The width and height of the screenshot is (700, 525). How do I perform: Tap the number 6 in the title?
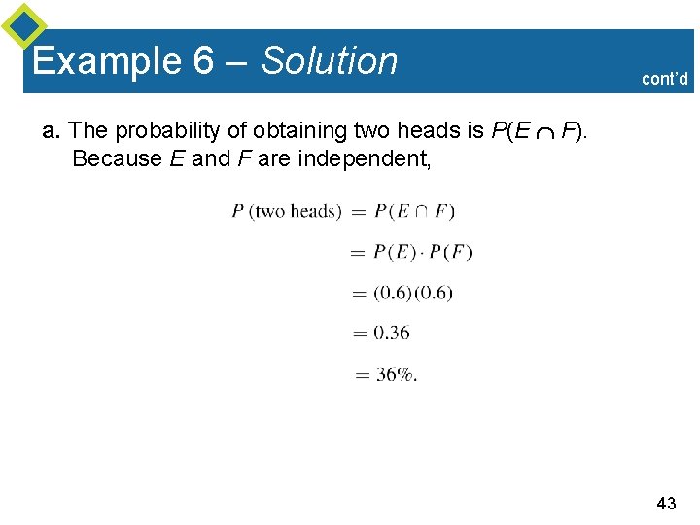pos(203,61)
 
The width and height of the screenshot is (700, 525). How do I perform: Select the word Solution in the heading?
pos(331,61)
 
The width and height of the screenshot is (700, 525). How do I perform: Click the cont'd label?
pos(665,79)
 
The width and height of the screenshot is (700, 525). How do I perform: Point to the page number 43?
pos(666,503)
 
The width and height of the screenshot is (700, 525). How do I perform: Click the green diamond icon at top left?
pos(23,25)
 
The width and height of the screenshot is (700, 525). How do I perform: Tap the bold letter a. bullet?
pos(52,130)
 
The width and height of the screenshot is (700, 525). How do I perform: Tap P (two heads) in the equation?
pos(287,210)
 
